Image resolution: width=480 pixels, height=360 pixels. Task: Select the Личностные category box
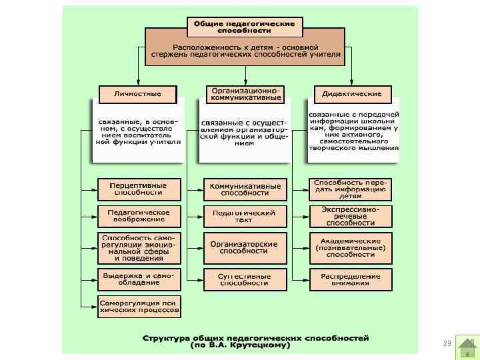[137, 94]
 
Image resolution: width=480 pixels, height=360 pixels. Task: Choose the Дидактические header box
[352, 94]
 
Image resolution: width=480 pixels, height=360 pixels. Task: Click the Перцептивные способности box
[139, 189]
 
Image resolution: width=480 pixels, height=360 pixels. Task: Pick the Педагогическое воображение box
[139, 215]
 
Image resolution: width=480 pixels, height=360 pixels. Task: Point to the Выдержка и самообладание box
[139, 278]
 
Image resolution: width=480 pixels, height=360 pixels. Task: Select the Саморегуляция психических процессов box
[139, 306]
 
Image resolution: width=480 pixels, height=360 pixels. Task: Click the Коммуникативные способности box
[245, 189]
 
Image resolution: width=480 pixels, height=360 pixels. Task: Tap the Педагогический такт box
[245, 215]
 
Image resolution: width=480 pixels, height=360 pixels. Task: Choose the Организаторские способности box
[245, 247]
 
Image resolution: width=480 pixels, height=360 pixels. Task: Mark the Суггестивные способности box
[245, 279]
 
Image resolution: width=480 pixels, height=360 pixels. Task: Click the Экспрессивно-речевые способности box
[351, 215]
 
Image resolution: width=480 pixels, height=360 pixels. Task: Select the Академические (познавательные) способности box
[351, 247]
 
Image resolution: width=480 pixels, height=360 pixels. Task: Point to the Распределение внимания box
[351, 279]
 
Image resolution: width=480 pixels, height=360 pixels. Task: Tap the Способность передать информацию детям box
[351, 189]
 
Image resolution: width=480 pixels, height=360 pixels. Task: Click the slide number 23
[447, 343]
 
